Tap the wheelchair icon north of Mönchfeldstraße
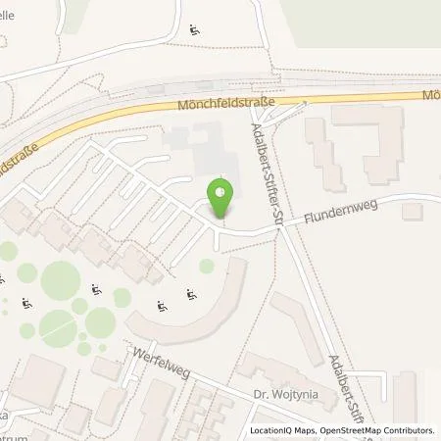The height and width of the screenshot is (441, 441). tap(194, 29)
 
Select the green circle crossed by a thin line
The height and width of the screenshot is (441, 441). tap(60, 281)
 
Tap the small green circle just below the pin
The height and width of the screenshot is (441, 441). tap(207, 266)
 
